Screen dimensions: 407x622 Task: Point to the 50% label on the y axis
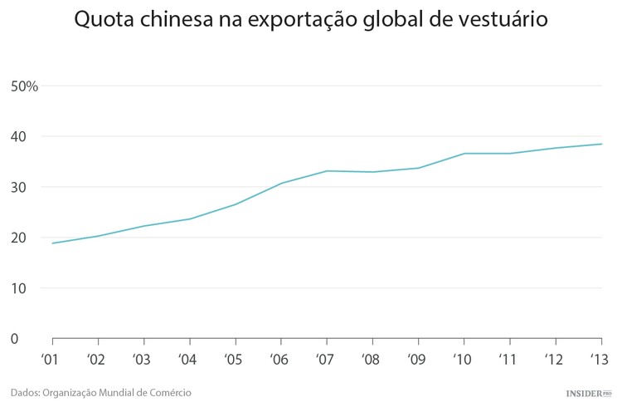(x=25, y=86)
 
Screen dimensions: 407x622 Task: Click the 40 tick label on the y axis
(x=19, y=136)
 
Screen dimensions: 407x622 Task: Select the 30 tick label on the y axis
(x=19, y=187)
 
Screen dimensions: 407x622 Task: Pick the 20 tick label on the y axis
(x=19, y=238)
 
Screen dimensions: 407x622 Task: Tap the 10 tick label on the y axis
(x=19, y=288)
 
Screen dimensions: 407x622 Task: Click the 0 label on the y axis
(x=14, y=339)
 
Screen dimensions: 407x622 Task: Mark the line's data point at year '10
(x=464, y=154)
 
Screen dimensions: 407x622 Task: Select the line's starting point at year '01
(x=52, y=243)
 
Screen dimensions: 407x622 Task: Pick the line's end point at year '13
(x=601, y=145)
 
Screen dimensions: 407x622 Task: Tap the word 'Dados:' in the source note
(x=26, y=392)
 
